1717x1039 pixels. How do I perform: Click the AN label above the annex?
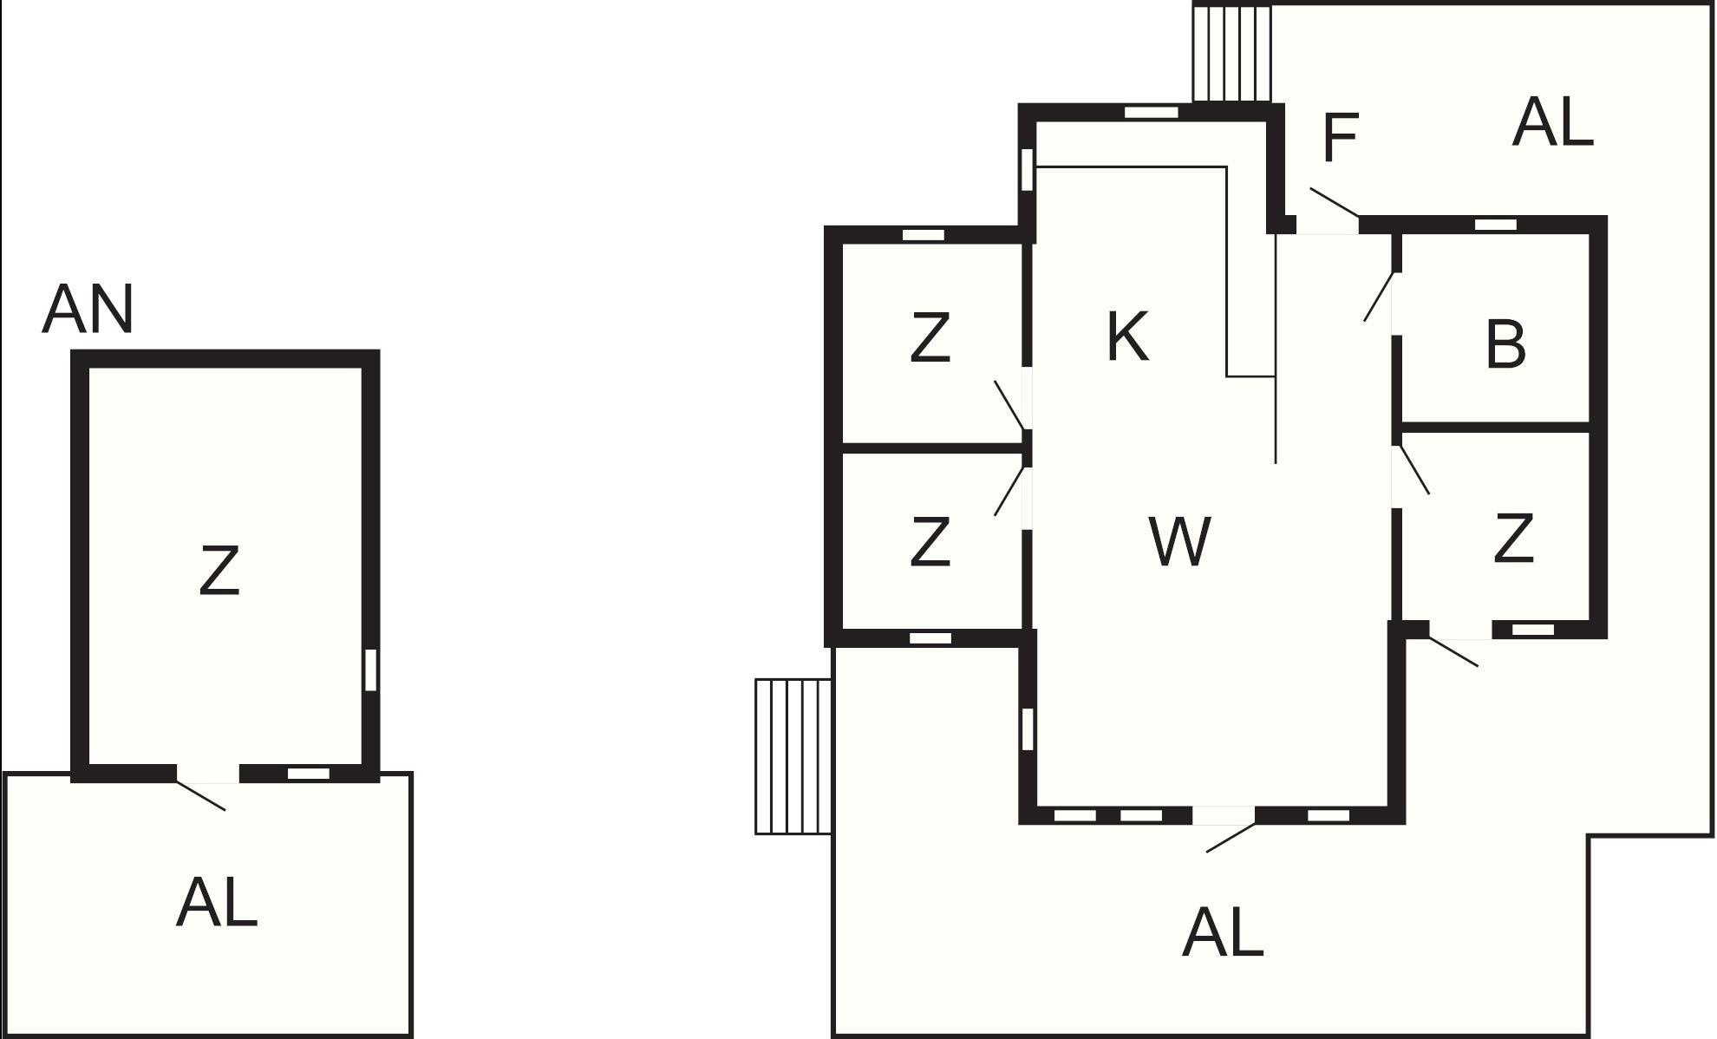(88, 310)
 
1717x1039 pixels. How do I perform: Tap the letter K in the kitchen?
(1128, 337)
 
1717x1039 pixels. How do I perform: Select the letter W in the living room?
(1180, 541)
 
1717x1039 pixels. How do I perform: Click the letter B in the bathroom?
(1505, 344)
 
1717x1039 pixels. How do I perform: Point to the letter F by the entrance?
(1341, 137)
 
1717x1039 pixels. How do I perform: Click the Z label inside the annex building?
(219, 570)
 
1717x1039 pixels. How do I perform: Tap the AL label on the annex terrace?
(217, 903)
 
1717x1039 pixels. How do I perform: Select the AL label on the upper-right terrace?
(1553, 122)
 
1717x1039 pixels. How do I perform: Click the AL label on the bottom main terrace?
(1223, 932)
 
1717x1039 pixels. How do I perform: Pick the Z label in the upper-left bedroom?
(930, 337)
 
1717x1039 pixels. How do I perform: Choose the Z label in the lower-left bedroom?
(930, 542)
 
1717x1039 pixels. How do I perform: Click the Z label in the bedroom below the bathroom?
(1514, 538)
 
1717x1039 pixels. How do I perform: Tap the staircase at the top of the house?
(1232, 53)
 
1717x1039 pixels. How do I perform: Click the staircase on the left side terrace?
(793, 756)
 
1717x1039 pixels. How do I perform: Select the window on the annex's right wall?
(370, 670)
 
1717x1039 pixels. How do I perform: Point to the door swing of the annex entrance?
(201, 795)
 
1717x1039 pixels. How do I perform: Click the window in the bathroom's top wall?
(1496, 225)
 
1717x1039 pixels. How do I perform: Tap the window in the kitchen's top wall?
(1152, 112)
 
